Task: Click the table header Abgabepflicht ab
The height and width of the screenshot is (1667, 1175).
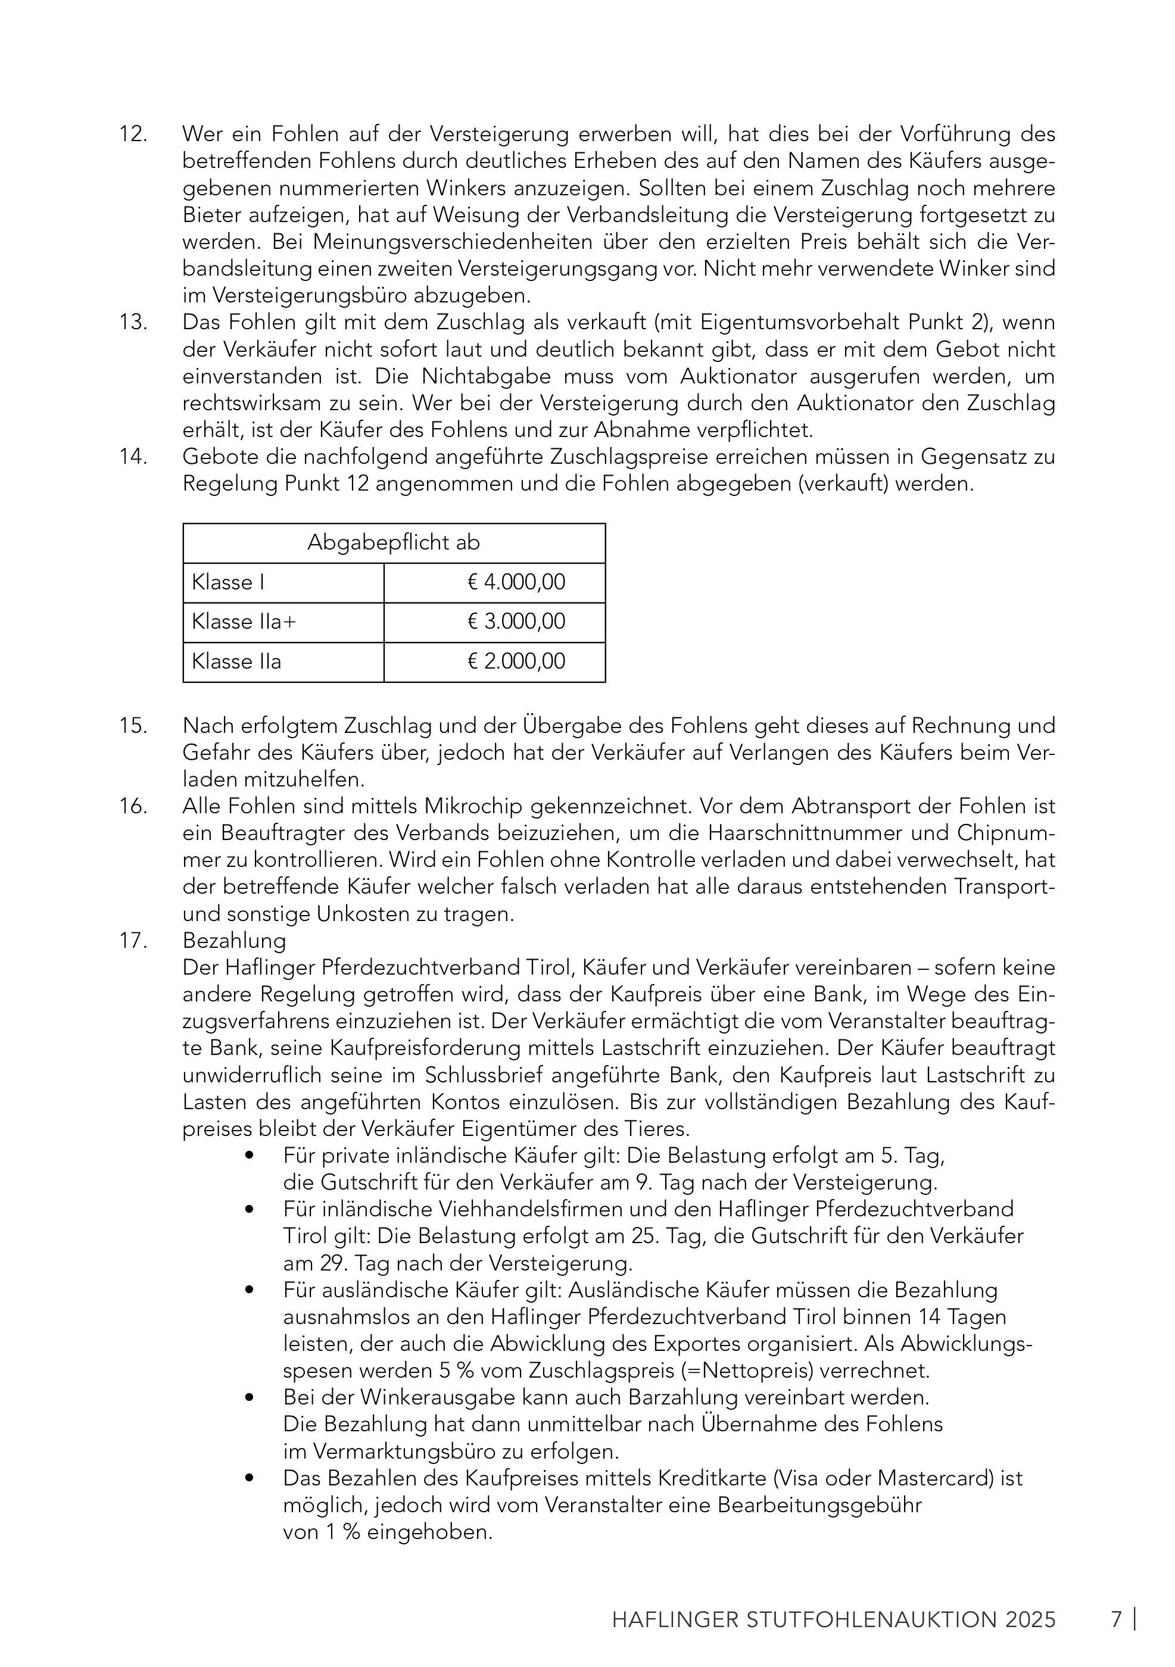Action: coord(393,543)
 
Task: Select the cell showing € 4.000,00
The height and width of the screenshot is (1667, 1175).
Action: coord(516,582)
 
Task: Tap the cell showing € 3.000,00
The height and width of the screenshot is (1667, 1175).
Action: coord(516,622)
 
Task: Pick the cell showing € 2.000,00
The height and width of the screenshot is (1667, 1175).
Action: coord(516,661)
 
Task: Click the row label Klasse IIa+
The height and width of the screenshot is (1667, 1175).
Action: coord(244,622)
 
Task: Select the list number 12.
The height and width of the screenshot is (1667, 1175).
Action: coord(133,135)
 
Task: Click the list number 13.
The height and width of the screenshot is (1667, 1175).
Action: coord(133,322)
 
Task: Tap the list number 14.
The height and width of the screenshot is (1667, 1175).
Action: coord(133,457)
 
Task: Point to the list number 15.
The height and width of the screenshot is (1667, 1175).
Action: coord(133,725)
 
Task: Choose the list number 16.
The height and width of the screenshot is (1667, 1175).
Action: coord(133,807)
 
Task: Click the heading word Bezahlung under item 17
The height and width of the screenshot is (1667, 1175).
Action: coord(234,941)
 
